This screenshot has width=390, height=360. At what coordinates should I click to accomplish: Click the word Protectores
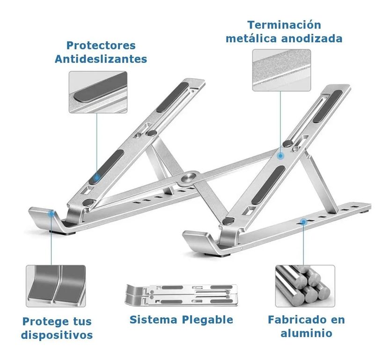pos(101,45)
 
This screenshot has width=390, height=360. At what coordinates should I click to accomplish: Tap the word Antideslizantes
pos(101,59)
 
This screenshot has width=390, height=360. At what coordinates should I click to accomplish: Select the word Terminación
pos(284,25)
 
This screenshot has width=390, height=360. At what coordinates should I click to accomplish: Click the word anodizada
pos(312,38)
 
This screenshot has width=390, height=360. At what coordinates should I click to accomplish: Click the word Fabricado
pos(299,320)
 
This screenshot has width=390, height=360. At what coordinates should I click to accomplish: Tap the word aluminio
pos(306,333)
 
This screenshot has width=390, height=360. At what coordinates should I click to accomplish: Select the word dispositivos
pos(57,335)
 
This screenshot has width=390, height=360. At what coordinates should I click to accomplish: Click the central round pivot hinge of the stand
pos(189,178)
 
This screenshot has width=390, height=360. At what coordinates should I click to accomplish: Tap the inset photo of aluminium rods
pos(305,286)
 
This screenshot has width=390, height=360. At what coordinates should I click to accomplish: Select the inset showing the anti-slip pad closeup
pos(98,92)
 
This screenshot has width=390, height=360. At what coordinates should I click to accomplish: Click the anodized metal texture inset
pos(281,70)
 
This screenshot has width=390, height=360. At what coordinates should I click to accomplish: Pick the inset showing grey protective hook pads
pos(56,286)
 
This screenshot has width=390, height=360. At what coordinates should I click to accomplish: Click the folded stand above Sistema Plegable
pos(181,295)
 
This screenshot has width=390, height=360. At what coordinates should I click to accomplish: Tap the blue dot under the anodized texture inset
pos(280,156)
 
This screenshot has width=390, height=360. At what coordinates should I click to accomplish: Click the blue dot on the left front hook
pos(52,213)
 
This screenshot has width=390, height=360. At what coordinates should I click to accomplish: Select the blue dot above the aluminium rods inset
pos(303,222)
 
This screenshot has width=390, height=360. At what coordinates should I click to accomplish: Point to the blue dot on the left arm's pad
pos(96,178)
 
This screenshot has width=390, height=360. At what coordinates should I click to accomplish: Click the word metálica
pos(251,38)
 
